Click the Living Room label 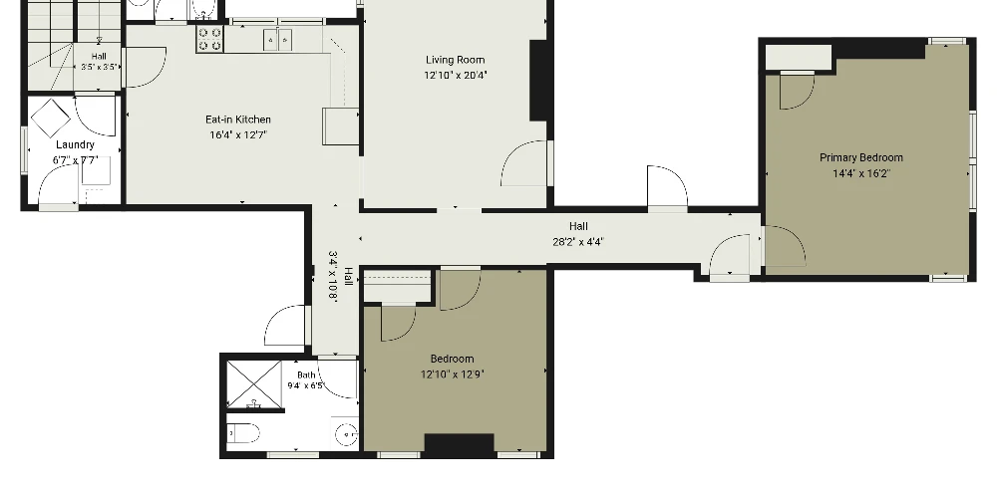pos(456,60)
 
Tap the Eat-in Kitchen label pos(238,120)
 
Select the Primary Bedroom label pos(861,157)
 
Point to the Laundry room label pos(75,144)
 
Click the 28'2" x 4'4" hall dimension pos(578,241)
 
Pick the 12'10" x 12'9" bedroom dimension pos(452,374)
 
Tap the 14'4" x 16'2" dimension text pos(861,173)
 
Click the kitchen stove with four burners pos(209,39)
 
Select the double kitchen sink pos(278,40)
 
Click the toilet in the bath pos(243,433)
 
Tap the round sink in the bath pos(347,434)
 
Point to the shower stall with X pos(254,384)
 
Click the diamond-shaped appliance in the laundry pos(50,119)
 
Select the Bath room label pos(306,374)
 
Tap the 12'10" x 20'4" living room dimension pos(456,75)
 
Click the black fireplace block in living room pos(538,81)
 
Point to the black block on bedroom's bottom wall pos(459,444)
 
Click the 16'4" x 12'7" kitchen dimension pos(238,134)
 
